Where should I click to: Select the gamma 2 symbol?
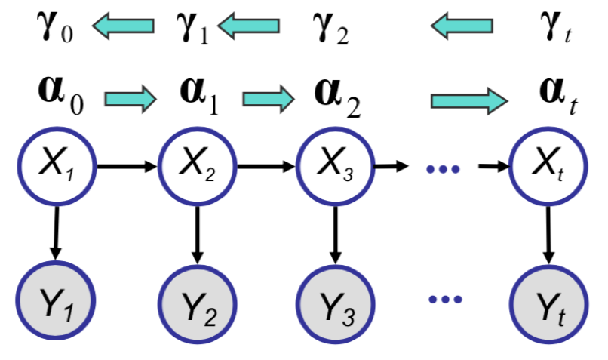click(330, 28)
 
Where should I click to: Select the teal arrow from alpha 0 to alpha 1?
click(129, 98)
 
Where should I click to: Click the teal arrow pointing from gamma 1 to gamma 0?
click(124, 28)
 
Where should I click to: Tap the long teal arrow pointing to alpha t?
click(468, 99)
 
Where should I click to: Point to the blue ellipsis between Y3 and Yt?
click(445, 299)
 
